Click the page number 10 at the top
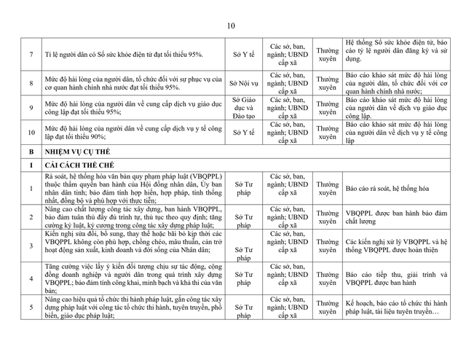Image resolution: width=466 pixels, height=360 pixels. point(231,26)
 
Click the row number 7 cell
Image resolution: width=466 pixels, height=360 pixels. point(31,55)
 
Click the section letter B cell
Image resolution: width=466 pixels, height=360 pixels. point(31,152)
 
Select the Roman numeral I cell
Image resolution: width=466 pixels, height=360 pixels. point(31,166)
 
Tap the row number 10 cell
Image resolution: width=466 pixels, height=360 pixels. point(31,133)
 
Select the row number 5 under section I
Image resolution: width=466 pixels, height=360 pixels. point(31,307)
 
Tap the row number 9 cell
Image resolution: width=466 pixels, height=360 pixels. point(31,108)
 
